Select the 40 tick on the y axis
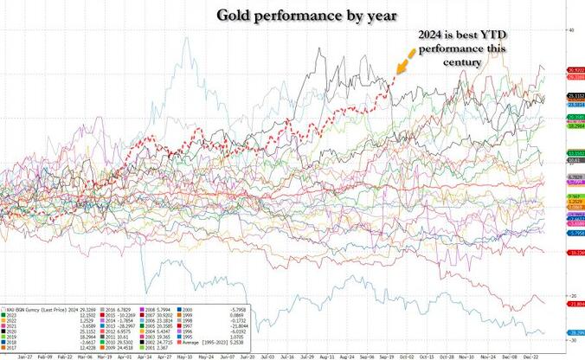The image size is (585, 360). [569, 29]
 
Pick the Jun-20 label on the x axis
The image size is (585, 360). [247, 355]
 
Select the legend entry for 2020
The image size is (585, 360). [21, 330]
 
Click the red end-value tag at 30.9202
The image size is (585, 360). [575, 69]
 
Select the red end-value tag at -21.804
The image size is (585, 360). [575, 304]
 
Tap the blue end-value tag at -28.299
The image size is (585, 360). [575, 332]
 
